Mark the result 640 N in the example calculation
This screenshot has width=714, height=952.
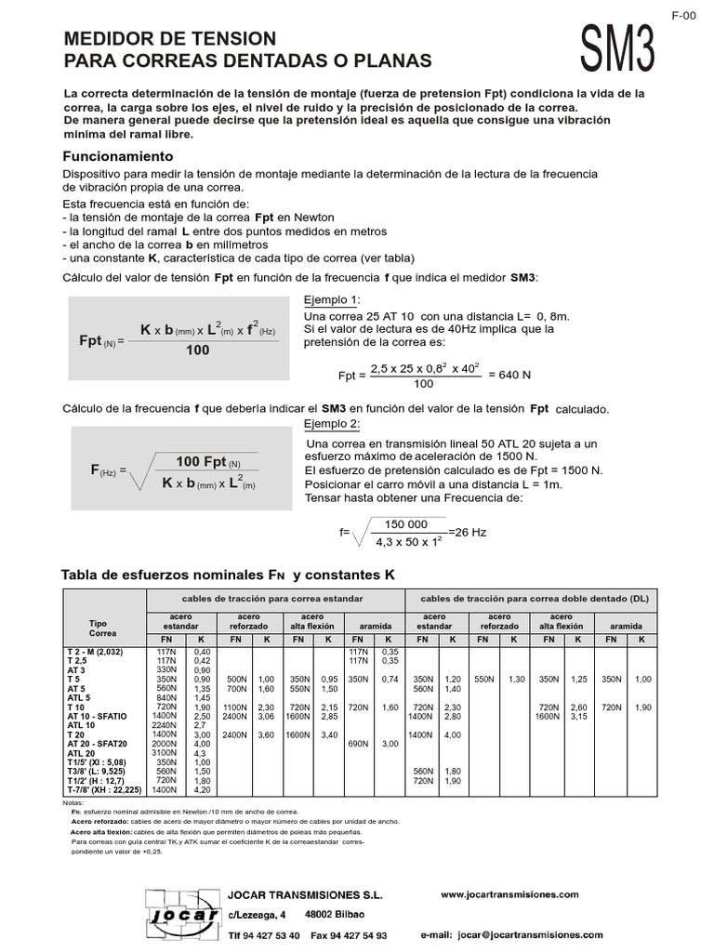[x=509, y=375]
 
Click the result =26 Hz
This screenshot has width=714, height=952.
[x=468, y=532]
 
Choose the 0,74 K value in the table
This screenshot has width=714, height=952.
[x=389, y=680]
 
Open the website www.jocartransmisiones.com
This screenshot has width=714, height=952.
[x=509, y=893]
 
